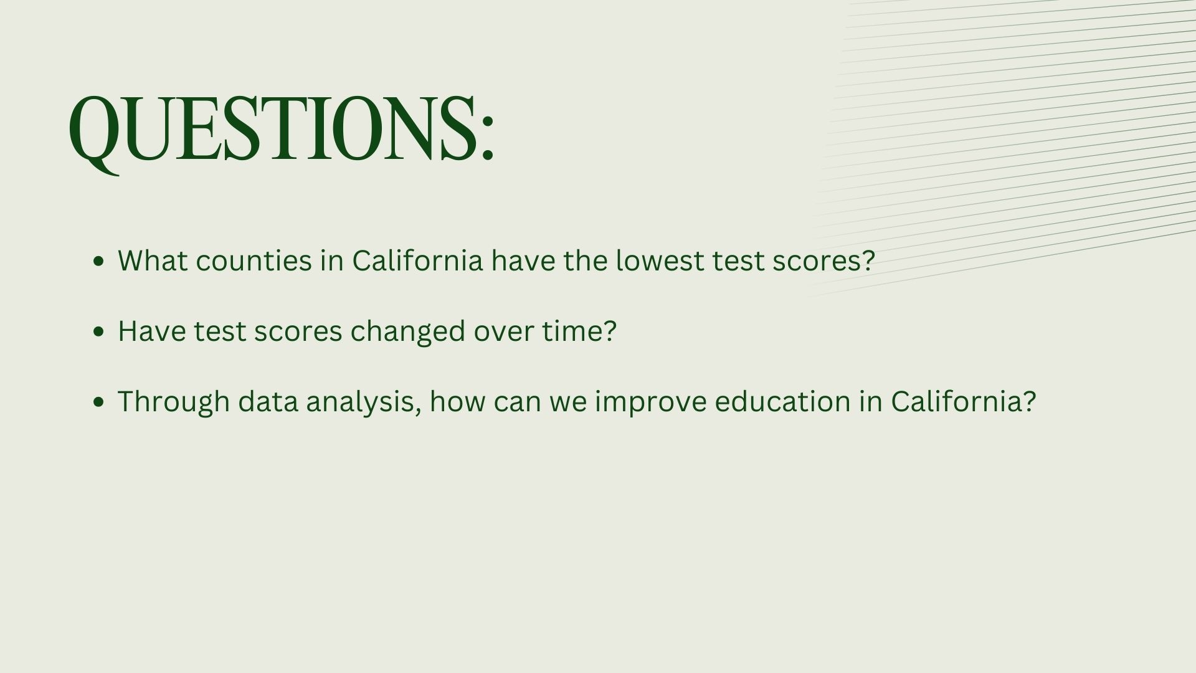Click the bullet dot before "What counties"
[98, 261]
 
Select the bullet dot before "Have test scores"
[98, 332]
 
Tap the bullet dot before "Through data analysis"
[98, 402]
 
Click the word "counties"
[254, 260]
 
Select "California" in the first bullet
[417, 260]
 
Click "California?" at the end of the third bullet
[964, 401]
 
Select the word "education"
[782, 401]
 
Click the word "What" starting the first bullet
[153, 260]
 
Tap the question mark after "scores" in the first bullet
[868, 260]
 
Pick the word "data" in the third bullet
[268, 401]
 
